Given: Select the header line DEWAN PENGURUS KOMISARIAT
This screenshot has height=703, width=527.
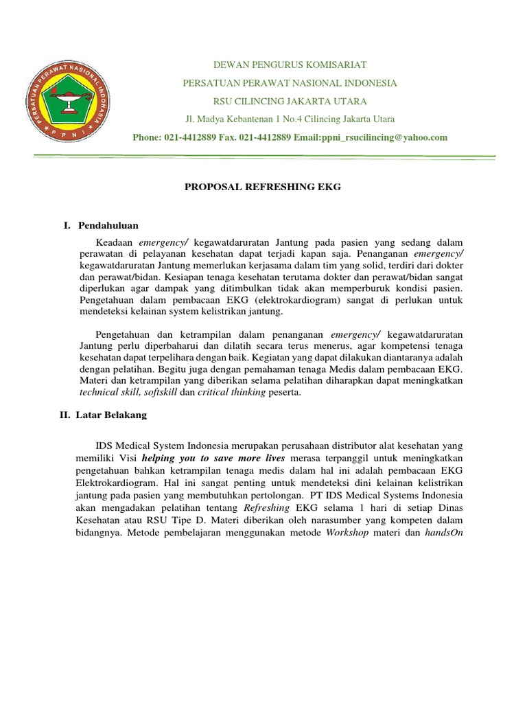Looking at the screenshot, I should [x=290, y=65].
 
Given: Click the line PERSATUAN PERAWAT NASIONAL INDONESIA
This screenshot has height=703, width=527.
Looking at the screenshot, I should [x=290, y=82].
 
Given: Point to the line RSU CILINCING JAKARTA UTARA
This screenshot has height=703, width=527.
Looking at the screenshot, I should [x=290, y=100].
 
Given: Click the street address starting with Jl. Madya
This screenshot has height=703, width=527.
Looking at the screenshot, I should [x=290, y=119].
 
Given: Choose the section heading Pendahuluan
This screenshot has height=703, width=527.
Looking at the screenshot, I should [x=109, y=224].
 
